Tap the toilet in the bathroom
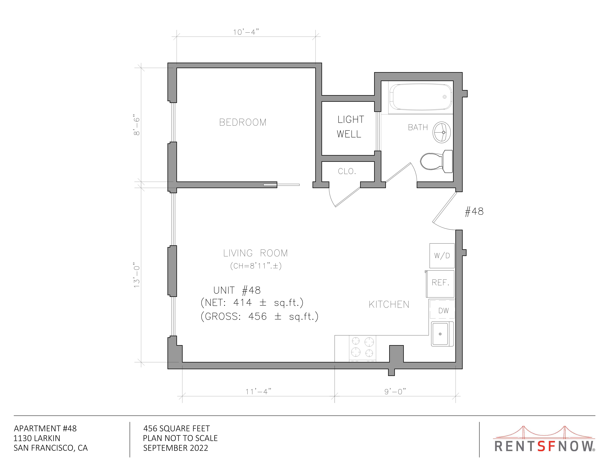pyautogui.click(x=436, y=161)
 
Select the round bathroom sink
pyautogui.click(x=442, y=132)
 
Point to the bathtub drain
pyautogui.click(x=444, y=97)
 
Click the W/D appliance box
pyautogui.click(x=442, y=256)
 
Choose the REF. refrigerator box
pyautogui.click(x=440, y=284)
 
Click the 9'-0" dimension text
pyautogui.click(x=395, y=392)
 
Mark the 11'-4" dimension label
pyautogui.click(x=258, y=392)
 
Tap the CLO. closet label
pyautogui.click(x=347, y=171)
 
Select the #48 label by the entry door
pyautogui.click(x=474, y=211)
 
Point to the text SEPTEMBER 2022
pyautogui.click(x=176, y=448)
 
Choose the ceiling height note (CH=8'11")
pyautogui.click(x=256, y=266)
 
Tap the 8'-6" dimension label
pyautogui.click(x=137, y=125)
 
